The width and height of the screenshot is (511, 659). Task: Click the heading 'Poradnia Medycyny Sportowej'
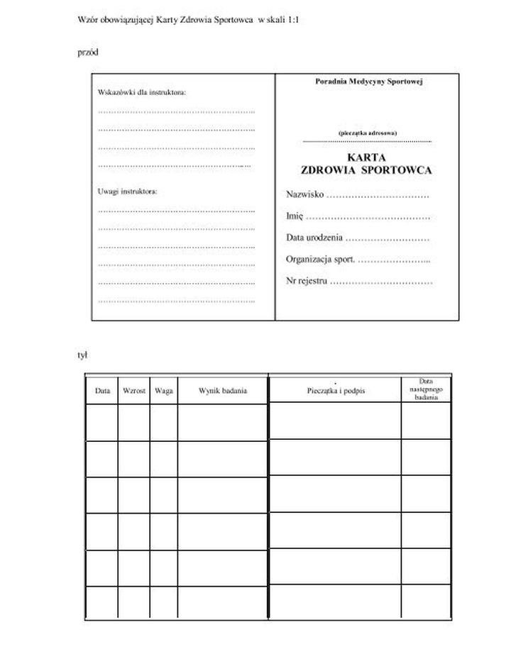click(x=368, y=82)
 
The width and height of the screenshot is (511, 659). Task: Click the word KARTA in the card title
click(x=366, y=157)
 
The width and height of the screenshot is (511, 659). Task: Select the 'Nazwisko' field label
click(x=305, y=194)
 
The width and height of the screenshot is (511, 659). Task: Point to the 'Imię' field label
click(x=295, y=216)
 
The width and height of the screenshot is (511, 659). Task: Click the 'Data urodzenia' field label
click(x=315, y=238)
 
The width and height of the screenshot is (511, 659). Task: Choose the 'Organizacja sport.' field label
click(x=321, y=260)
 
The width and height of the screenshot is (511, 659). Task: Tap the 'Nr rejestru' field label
click(x=307, y=282)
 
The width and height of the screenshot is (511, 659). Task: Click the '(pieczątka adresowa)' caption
click(x=368, y=133)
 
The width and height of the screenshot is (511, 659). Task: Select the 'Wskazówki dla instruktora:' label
click(x=141, y=93)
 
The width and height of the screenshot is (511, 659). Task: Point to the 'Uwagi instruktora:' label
click(x=127, y=192)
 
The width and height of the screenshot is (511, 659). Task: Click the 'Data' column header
click(x=102, y=391)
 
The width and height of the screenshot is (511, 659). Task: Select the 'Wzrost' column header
click(x=134, y=391)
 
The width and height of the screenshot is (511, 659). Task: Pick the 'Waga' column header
click(x=164, y=391)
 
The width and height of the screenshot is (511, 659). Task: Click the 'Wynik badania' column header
click(x=223, y=391)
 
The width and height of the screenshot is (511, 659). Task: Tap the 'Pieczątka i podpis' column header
click(x=336, y=391)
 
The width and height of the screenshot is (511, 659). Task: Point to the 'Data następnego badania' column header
click(x=426, y=389)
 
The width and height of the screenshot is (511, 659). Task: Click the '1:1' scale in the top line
click(x=293, y=20)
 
